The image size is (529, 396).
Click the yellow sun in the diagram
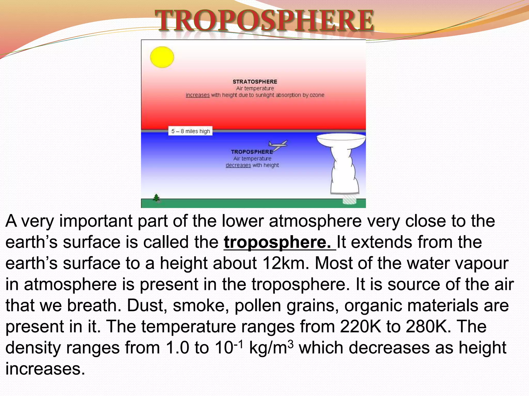click(162, 57)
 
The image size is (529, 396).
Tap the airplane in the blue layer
click(278, 145)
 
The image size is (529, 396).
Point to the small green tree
click(156, 198)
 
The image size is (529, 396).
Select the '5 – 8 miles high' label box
click(190, 131)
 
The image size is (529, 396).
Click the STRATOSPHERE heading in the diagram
click(255, 82)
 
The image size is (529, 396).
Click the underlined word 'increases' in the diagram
click(198, 95)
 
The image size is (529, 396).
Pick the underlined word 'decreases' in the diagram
click(238, 165)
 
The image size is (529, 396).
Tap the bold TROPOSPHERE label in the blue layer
click(252, 152)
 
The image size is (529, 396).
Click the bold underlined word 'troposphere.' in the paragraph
click(277, 242)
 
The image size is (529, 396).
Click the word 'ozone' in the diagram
click(317, 95)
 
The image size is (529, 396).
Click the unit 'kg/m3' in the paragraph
click(271, 347)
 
